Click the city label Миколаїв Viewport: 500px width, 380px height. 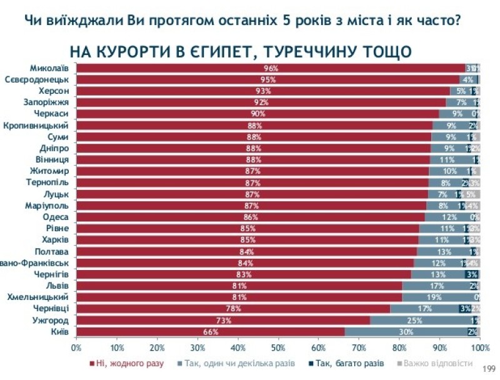52,68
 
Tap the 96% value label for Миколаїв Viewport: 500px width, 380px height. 271,68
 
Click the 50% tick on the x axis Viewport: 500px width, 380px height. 278,347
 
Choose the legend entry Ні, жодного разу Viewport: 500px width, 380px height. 127,362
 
